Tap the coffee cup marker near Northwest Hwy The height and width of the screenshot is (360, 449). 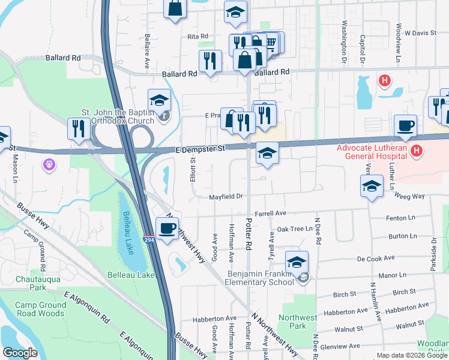[167, 228]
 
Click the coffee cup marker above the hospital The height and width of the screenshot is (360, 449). [405, 125]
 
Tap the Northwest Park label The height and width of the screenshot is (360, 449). [300, 322]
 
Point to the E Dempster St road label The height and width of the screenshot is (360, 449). [200, 148]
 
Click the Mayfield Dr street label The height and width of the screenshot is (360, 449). [225, 196]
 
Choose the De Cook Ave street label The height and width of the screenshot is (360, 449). [376, 258]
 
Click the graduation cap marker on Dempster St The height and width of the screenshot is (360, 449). [267, 153]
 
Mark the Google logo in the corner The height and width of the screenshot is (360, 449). [20, 353]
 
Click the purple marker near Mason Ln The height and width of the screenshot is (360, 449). [49, 163]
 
